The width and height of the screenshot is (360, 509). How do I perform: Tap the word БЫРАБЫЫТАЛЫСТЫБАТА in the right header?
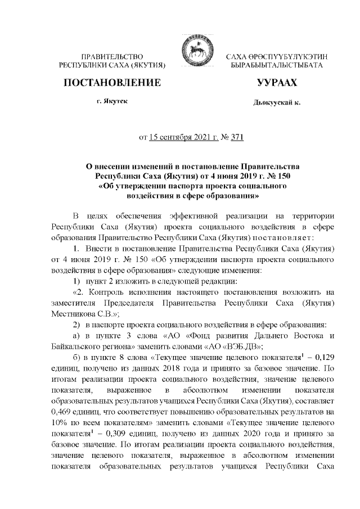tap(276, 66)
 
